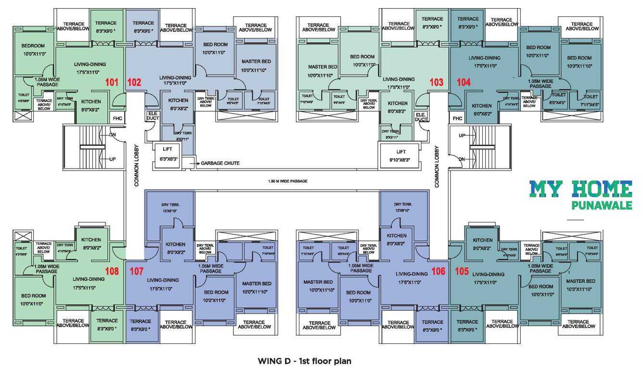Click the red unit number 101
tap(112, 82)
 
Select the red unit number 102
tap(134, 82)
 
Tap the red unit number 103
tap(436, 82)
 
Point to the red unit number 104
tap(463, 82)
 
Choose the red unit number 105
tap(461, 271)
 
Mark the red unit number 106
tap(438, 271)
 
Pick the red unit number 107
tap(137, 271)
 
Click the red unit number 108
tap(112, 271)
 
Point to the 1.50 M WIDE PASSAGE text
tap(287, 181)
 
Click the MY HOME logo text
tap(580, 189)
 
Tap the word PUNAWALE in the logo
tap(602, 206)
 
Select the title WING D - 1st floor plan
tap(304, 360)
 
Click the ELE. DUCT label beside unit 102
tap(152, 117)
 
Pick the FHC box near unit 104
tap(457, 118)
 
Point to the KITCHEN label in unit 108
tap(91, 240)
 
